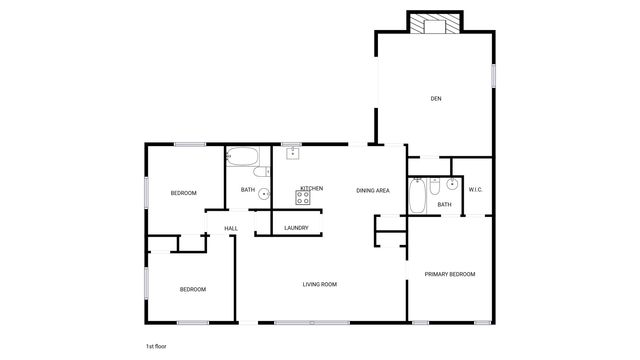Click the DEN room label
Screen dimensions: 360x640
point(436,98)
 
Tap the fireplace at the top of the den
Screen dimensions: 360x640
point(435,22)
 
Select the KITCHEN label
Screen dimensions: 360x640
point(311,188)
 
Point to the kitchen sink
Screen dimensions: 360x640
point(293,153)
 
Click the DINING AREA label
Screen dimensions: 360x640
point(373,189)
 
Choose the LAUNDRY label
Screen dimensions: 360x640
point(296,228)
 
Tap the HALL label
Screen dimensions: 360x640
point(231,229)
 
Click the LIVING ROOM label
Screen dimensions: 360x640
point(320,284)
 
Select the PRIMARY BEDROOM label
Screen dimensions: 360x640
point(449,274)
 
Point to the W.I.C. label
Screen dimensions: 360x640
point(476,189)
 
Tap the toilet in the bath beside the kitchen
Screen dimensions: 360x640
point(262,172)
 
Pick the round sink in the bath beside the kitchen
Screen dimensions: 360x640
point(264,195)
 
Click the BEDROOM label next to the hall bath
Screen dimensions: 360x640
point(183,193)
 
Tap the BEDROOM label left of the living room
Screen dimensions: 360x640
point(192,289)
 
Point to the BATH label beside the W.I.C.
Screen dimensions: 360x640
point(444,205)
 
